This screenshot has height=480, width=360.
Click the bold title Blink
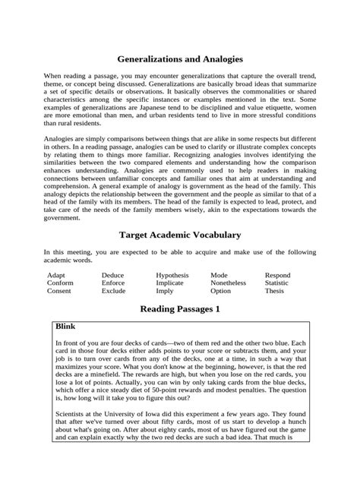(68, 326)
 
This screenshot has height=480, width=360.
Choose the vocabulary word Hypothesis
(172, 275)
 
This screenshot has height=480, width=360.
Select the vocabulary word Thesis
(274, 291)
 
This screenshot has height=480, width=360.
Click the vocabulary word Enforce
(115, 283)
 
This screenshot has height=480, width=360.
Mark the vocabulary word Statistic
(277, 283)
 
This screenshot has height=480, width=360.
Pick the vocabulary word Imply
(165, 291)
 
